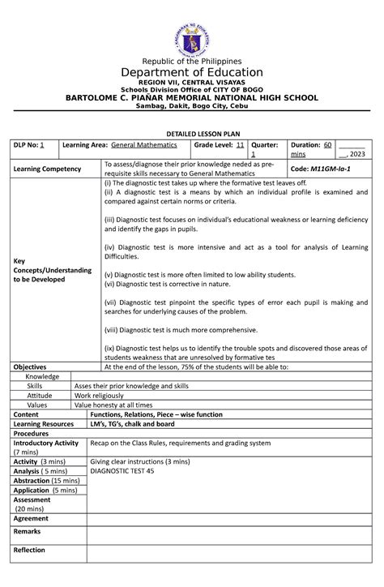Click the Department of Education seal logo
[192, 36]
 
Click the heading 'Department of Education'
[192, 73]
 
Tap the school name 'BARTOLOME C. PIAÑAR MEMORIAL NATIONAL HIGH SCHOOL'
[192, 97]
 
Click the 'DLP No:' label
[26, 144]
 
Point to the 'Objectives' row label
[30, 367]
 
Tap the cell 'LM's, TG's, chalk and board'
[131, 424]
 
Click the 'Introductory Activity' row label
[45, 443]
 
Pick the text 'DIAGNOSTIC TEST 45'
[122, 470]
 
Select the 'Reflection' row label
[28, 550]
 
